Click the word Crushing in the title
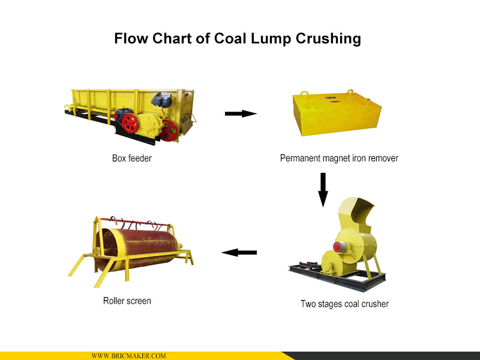click(x=328, y=39)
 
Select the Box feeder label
click(x=131, y=158)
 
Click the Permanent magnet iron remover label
click(x=339, y=158)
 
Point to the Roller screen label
click(x=127, y=301)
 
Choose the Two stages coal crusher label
click(x=344, y=304)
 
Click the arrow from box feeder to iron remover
click(x=241, y=113)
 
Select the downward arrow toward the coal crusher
click(x=323, y=190)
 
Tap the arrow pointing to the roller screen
click(x=239, y=253)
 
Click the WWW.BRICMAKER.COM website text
click(x=128, y=356)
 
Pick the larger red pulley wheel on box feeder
click(x=130, y=124)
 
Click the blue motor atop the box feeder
click(x=161, y=100)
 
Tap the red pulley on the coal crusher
click(x=338, y=247)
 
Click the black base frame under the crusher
click(x=337, y=277)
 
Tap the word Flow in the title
click(x=131, y=38)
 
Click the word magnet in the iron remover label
click(x=335, y=158)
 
